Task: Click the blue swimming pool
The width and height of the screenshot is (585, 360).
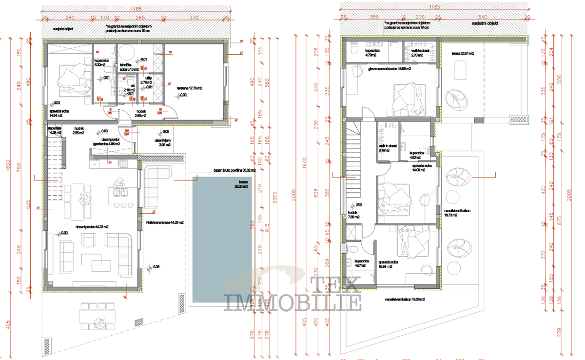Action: point(221,239)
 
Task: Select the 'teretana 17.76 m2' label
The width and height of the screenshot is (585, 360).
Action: point(189,88)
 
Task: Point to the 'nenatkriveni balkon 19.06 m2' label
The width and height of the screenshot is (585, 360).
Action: point(405,299)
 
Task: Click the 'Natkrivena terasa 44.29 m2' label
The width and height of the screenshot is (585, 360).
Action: point(165,222)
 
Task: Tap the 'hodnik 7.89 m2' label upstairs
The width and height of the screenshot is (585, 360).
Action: point(353,215)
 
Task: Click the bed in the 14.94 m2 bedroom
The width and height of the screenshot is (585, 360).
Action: point(72,80)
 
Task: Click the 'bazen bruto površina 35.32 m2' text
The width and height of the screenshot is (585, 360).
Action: point(234,170)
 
